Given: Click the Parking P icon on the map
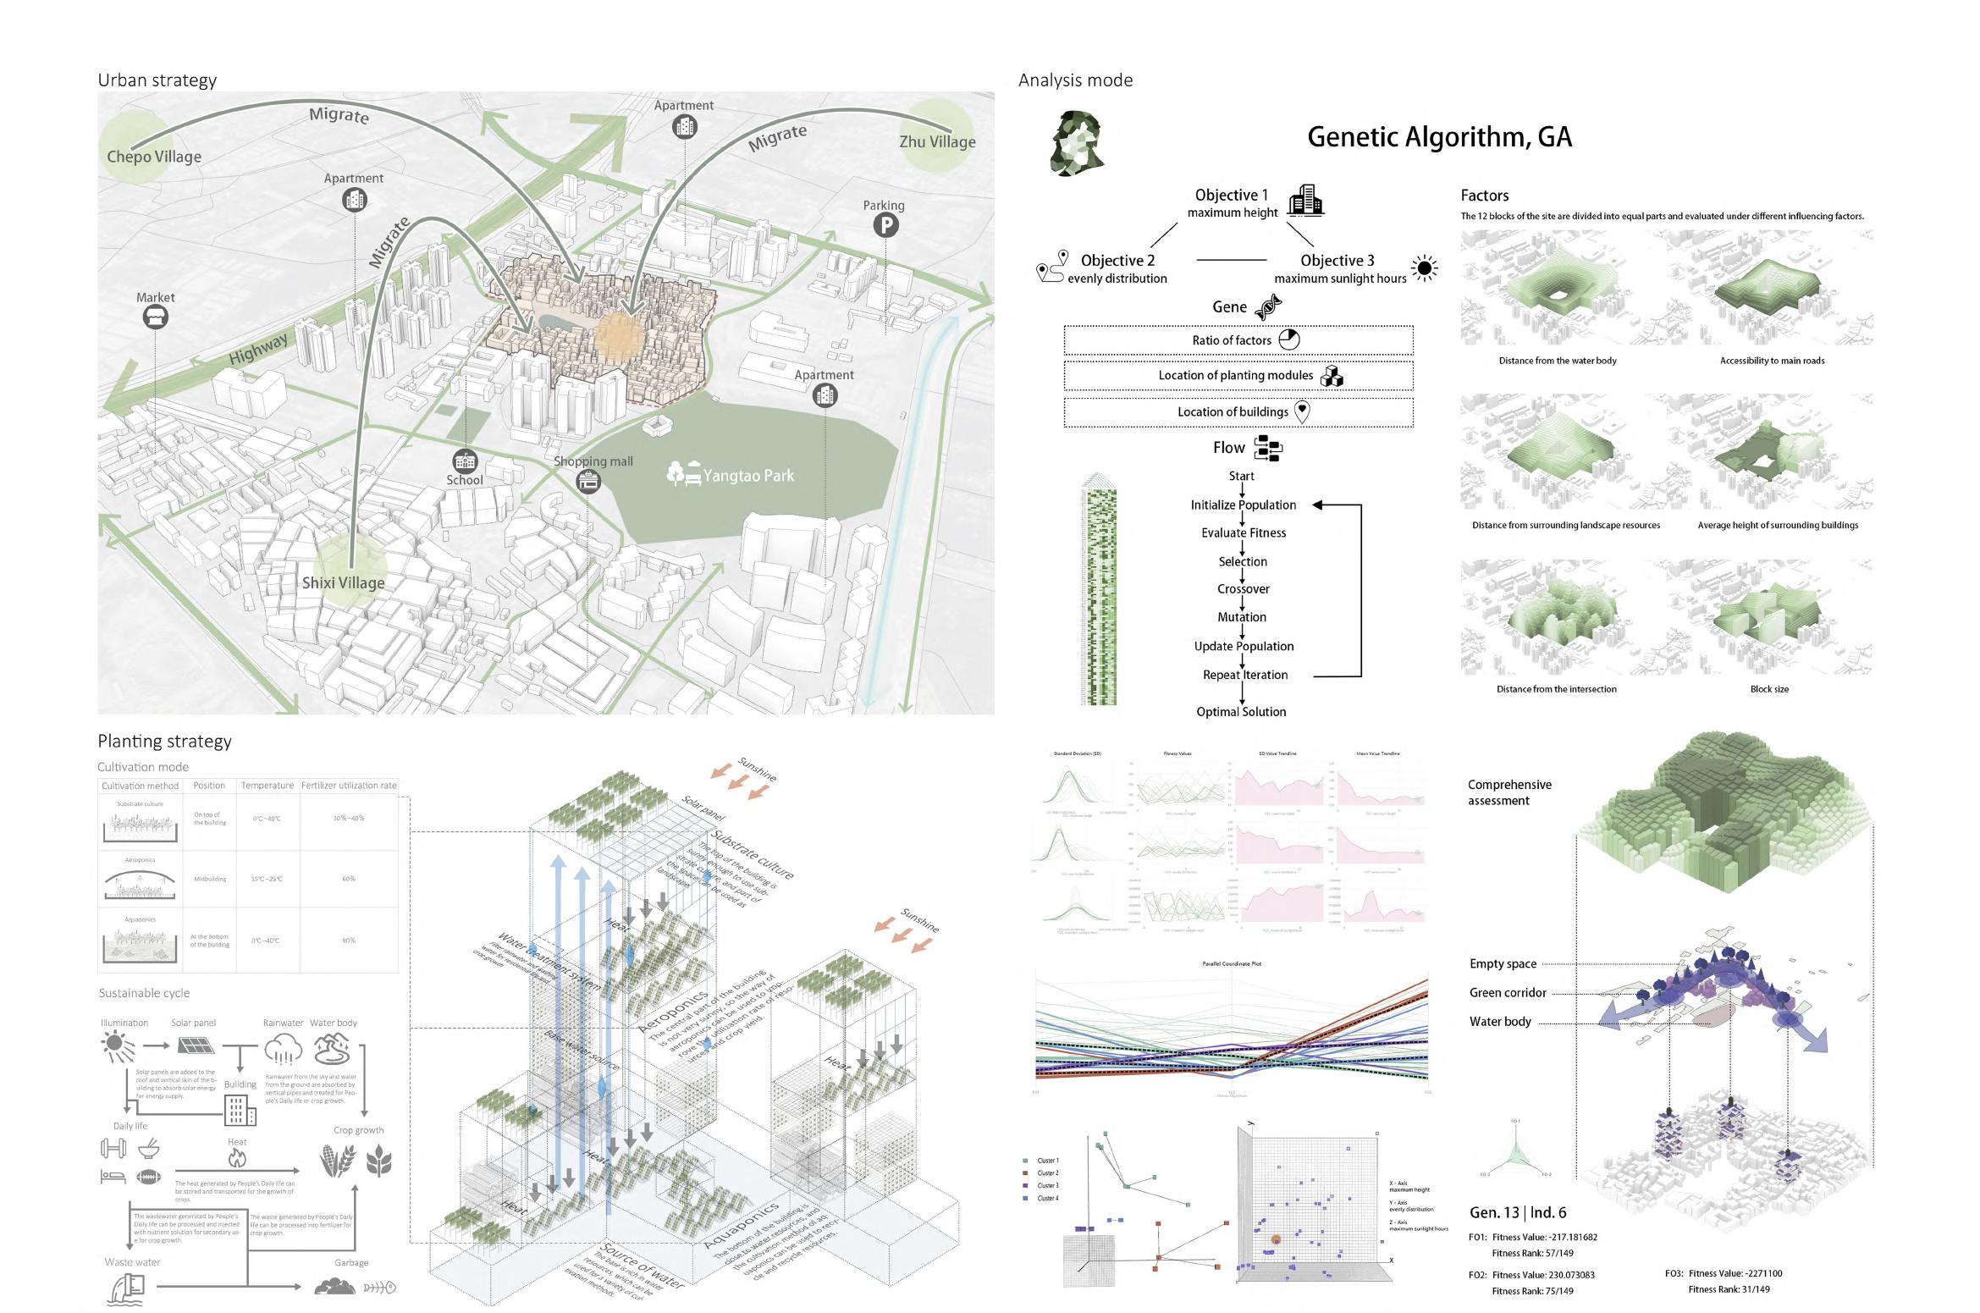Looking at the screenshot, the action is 885,225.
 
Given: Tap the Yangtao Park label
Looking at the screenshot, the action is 748,476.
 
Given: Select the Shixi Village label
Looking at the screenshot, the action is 343,582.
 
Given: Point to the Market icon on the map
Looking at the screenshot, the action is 156,317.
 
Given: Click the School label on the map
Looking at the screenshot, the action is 465,480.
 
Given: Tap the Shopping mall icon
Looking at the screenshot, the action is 588,482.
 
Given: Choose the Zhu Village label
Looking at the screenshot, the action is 937,142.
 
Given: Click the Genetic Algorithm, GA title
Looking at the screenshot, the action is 1439,136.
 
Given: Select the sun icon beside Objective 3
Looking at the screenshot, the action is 1425,269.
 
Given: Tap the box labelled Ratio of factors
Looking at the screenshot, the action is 1238,340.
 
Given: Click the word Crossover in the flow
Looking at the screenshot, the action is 1243,589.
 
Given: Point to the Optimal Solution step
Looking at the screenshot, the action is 1241,712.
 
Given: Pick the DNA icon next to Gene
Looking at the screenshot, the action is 1267,307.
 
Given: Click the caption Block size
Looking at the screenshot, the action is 1769,689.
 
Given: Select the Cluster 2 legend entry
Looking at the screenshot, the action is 1047,1173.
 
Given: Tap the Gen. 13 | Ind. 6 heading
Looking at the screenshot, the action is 1518,1212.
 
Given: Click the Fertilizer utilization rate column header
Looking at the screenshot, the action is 349,786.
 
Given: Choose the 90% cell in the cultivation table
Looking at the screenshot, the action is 349,941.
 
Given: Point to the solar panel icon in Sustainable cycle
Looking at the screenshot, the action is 195,1046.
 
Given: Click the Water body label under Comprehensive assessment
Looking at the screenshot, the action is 1500,1022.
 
